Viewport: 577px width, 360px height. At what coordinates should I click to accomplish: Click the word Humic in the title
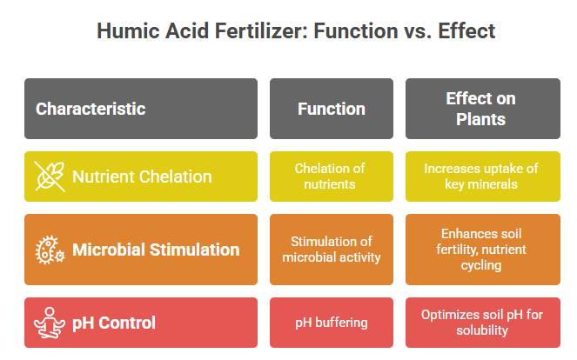click(128, 30)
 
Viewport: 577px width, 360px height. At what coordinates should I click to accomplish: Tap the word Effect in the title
click(466, 30)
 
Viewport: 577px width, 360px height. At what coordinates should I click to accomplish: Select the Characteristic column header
click(141, 109)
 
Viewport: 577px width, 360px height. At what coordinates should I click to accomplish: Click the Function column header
click(332, 109)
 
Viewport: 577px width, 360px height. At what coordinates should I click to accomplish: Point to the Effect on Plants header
click(483, 109)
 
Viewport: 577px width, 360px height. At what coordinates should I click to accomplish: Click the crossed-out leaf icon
click(50, 177)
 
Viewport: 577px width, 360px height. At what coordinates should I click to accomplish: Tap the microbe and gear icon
click(50, 250)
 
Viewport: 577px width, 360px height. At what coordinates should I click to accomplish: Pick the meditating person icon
click(50, 323)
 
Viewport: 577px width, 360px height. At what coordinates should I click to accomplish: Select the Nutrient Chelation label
click(142, 177)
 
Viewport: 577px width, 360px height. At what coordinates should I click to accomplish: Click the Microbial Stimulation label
click(156, 250)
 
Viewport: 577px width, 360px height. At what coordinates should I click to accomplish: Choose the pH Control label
click(114, 323)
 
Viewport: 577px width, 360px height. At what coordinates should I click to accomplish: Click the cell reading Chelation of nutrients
click(332, 177)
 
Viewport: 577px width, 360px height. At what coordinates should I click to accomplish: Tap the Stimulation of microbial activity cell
click(332, 250)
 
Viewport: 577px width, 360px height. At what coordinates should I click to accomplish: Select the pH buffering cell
click(332, 323)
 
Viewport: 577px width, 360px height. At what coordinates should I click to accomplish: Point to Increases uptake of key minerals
click(483, 177)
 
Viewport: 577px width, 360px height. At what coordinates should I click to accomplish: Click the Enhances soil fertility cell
click(483, 250)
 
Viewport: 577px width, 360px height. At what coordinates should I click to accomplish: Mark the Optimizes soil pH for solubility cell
click(483, 323)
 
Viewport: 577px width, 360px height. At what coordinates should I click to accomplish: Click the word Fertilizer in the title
click(261, 30)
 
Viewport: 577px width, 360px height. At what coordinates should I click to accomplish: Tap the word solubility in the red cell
click(482, 330)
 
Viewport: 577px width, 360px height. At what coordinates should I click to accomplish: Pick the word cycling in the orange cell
click(481, 265)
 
